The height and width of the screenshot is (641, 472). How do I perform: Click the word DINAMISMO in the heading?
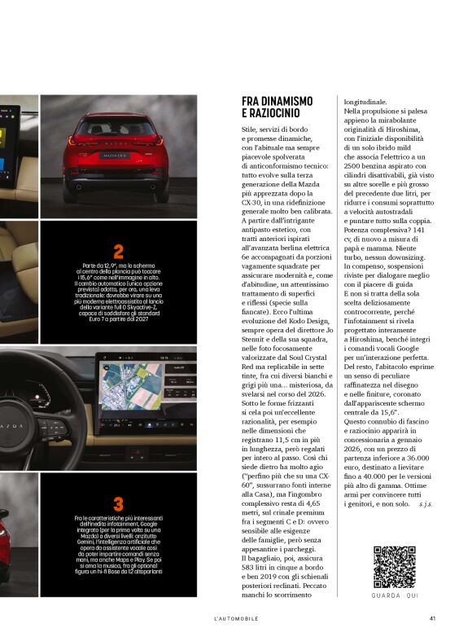click(286, 100)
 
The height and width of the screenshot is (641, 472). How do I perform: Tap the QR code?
click(395, 567)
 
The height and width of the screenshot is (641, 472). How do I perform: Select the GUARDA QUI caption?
click(395, 595)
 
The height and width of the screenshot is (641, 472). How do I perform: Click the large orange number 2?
click(118, 252)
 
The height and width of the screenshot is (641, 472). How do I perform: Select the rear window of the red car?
click(115, 128)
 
